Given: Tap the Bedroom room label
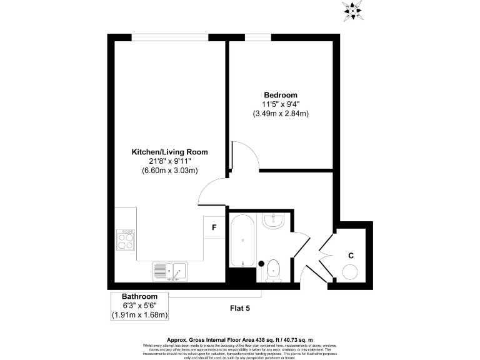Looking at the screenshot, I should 281,94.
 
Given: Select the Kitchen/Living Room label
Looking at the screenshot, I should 169,152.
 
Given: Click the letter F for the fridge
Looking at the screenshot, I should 214,227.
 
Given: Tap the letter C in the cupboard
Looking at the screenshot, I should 351,256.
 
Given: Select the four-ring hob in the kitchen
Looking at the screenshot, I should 126,239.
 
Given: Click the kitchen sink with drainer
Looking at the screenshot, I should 169,271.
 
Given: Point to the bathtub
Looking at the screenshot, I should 241,240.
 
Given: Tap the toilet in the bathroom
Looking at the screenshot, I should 273,270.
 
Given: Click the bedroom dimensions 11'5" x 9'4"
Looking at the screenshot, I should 281,104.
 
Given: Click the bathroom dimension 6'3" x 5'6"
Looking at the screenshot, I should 139,305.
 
